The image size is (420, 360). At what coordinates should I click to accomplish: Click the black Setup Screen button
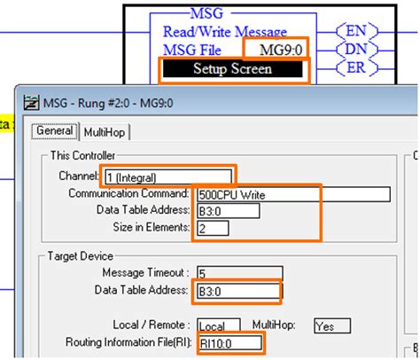coord(233,68)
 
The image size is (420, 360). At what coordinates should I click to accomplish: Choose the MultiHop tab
coord(105,132)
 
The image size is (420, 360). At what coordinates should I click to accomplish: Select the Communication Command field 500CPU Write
coord(291,194)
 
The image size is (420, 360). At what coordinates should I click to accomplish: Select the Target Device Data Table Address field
coord(236,290)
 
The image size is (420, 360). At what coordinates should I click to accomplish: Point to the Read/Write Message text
coord(224,32)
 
